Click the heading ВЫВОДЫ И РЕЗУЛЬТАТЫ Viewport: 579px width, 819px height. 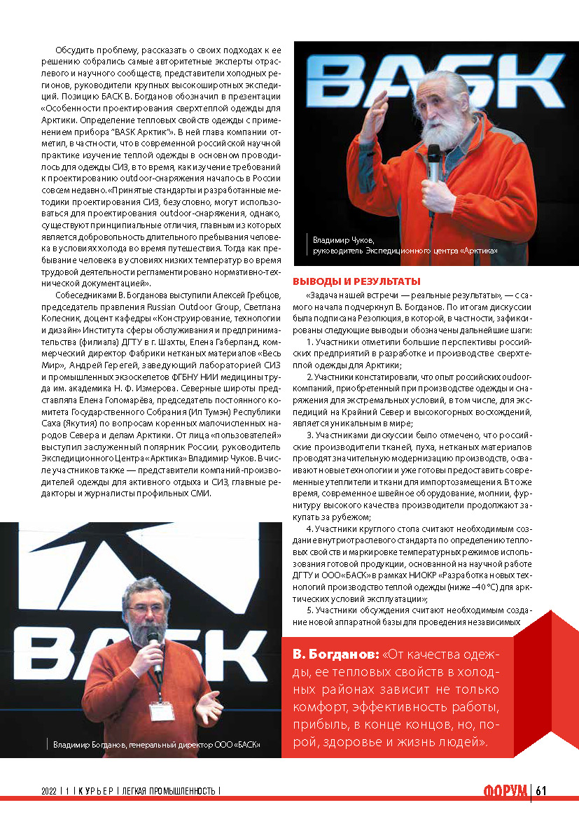coord(356,281)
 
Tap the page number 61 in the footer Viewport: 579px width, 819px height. coord(540,790)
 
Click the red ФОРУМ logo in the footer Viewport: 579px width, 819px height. coord(505,791)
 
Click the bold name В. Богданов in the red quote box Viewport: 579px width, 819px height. coord(335,656)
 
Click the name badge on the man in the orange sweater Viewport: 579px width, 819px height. coord(160,710)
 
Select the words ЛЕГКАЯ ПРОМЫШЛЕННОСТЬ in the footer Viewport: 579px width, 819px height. coord(168,791)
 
